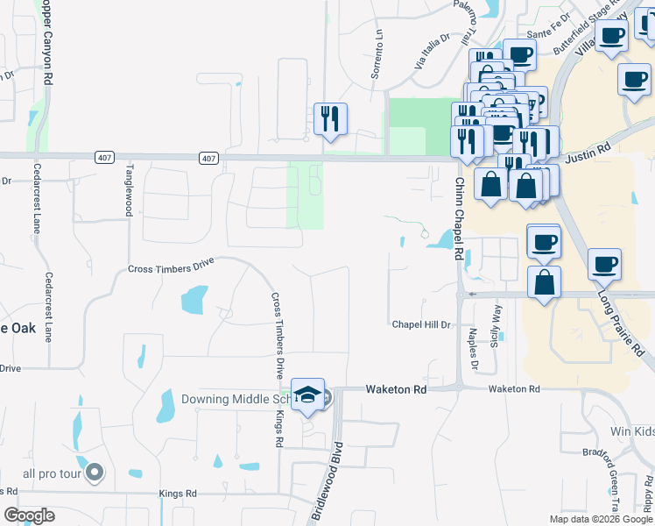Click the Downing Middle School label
pos(234,399)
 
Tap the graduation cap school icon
pos(307,395)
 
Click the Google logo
pos(30,515)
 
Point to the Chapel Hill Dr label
pos(420,324)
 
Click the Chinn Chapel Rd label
pos(458,218)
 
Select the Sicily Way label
pos(497,323)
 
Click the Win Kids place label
pos(632,432)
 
